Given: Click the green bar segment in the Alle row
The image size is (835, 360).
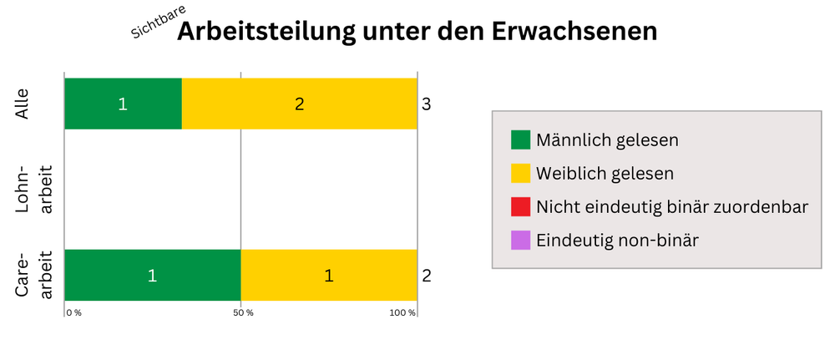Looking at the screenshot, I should point(123,104).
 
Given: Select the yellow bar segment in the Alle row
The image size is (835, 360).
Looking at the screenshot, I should point(299,104).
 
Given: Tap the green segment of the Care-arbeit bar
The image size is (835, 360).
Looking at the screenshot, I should point(152,275).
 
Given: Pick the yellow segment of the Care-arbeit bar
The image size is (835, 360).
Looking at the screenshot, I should point(328,275).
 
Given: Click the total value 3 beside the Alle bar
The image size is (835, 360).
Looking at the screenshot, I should point(426,104).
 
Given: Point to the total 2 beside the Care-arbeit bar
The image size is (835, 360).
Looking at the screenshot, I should point(426,276).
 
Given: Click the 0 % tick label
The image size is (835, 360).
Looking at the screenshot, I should point(73,312).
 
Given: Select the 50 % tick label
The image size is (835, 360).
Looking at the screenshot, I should point(243,312).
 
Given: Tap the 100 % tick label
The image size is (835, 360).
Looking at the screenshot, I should point(402,312).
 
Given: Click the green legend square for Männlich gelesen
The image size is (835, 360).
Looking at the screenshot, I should point(520,139).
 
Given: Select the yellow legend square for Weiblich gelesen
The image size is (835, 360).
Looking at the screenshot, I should point(520,173).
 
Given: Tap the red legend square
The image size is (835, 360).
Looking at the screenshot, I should point(520,206).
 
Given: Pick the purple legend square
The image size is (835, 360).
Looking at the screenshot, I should point(520,240).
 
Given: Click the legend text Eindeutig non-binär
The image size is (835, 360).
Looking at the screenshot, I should point(617,241).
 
